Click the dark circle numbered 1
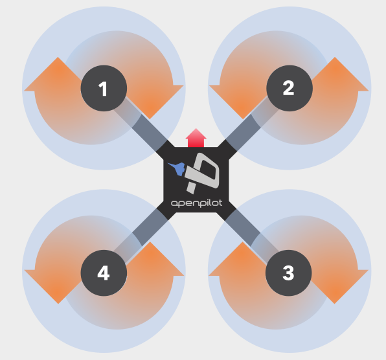pos(104,88)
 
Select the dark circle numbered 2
pos(289,88)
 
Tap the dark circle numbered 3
pos(288,273)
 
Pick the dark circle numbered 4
pos(104,273)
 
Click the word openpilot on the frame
pos(197,203)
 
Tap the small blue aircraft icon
pos(177,168)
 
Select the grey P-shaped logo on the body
pos(202,173)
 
